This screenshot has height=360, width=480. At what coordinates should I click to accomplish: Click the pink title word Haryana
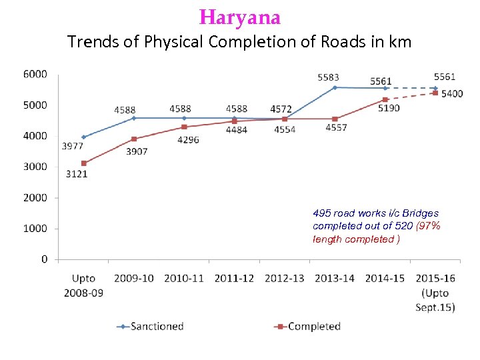(240, 17)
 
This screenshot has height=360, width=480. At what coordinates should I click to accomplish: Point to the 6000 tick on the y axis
(36, 74)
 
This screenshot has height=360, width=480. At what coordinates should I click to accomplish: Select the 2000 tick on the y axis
(36, 197)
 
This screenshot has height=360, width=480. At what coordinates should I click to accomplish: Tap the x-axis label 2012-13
(284, 278)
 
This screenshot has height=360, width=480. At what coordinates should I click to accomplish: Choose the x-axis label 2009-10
(133, 278)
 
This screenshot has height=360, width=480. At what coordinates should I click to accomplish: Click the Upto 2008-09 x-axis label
(83, 285)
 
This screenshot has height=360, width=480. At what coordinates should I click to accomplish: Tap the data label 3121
(76, 174)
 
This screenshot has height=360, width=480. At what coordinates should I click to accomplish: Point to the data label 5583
(328, 78)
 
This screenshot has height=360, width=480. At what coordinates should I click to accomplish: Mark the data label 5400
(452, 94)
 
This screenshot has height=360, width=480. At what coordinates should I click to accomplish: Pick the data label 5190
(389, 108)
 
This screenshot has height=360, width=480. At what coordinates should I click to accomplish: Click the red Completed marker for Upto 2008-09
(83, 163)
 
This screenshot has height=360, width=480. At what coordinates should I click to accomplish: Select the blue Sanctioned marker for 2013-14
(335, 87)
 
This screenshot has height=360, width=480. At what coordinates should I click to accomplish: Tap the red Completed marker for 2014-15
(385, 99)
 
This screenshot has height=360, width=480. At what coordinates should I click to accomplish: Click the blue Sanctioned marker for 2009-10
(133, 118)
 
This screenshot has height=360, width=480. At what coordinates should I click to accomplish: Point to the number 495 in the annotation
(321, 213)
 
